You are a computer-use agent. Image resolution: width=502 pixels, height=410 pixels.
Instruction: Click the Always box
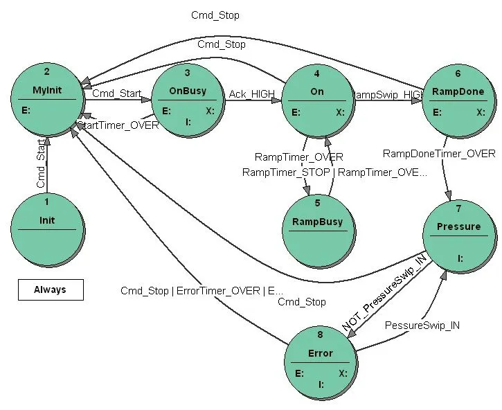pos(50,289)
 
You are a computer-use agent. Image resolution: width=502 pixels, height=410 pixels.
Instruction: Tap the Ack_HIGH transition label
pos(252,93)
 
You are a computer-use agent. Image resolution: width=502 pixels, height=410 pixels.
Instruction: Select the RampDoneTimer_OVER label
pos(439,154)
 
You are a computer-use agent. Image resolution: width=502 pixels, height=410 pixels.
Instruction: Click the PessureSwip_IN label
pos(422,325)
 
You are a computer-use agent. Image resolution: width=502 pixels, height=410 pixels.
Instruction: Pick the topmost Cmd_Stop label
pos(215,15)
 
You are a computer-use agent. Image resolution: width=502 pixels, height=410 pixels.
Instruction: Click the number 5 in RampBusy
pos(317,203)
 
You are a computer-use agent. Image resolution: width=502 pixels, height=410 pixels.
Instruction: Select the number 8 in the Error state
pos(320,335)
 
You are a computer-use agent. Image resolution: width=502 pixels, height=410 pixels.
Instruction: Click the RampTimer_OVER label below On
pos(298,157)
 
